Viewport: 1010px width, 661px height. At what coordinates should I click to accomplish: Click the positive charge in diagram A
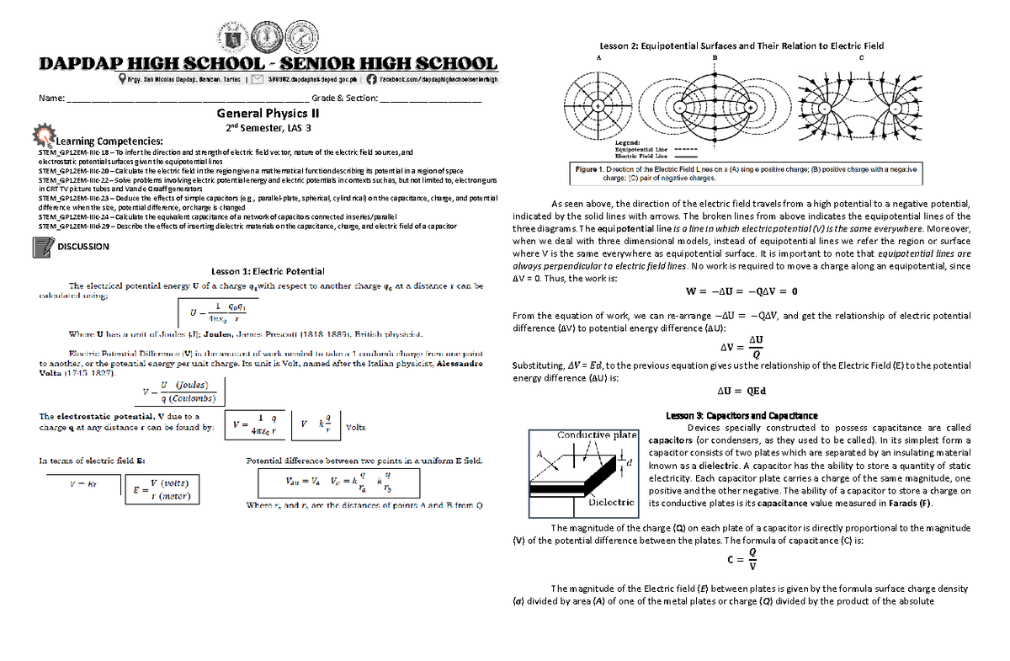pyautogui.click(x=597, y=107)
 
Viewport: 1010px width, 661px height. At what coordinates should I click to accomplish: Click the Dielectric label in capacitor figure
pyautogui.click(x=611, y=502)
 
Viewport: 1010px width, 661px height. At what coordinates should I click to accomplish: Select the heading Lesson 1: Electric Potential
pyautogui.click(x=268, y=271)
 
